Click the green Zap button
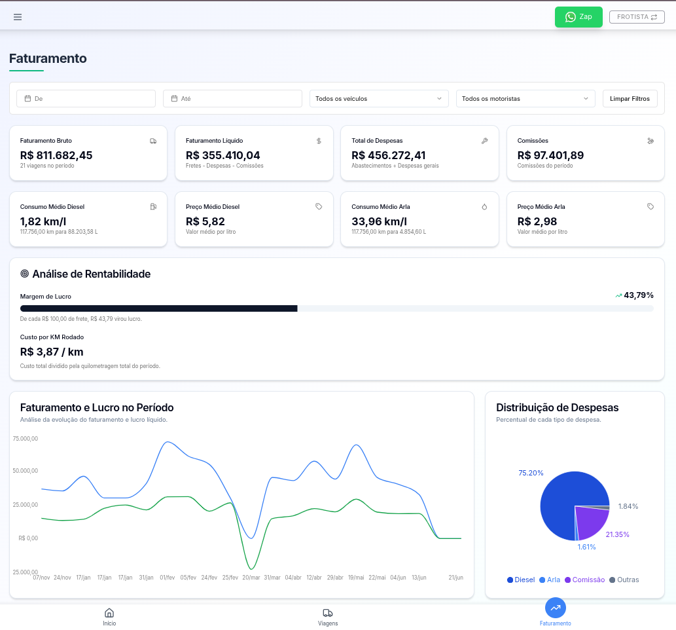[x=578, y=17]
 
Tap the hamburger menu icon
[x=18, y=17]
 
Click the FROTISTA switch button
[x=637, y=17]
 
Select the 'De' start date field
[x=86, y=99]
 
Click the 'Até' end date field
[x=232, y=99]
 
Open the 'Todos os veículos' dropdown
[x=379, y=99]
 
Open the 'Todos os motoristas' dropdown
[x=525, y=99]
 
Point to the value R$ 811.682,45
[x=56, y=155]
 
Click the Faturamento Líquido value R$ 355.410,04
[x=222, y=155]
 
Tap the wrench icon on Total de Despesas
[x=485, y=141]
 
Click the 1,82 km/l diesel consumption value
[x=43, y=221]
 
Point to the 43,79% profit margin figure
[x=638, y=295]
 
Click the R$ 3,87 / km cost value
[x=52, y=352]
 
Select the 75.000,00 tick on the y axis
[x=26, y=439]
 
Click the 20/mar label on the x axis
[x=251, y=578]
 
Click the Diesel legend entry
[x=521, y=580]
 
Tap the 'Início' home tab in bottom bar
[x=109, y=617]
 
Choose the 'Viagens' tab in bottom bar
[x=328, y=617]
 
